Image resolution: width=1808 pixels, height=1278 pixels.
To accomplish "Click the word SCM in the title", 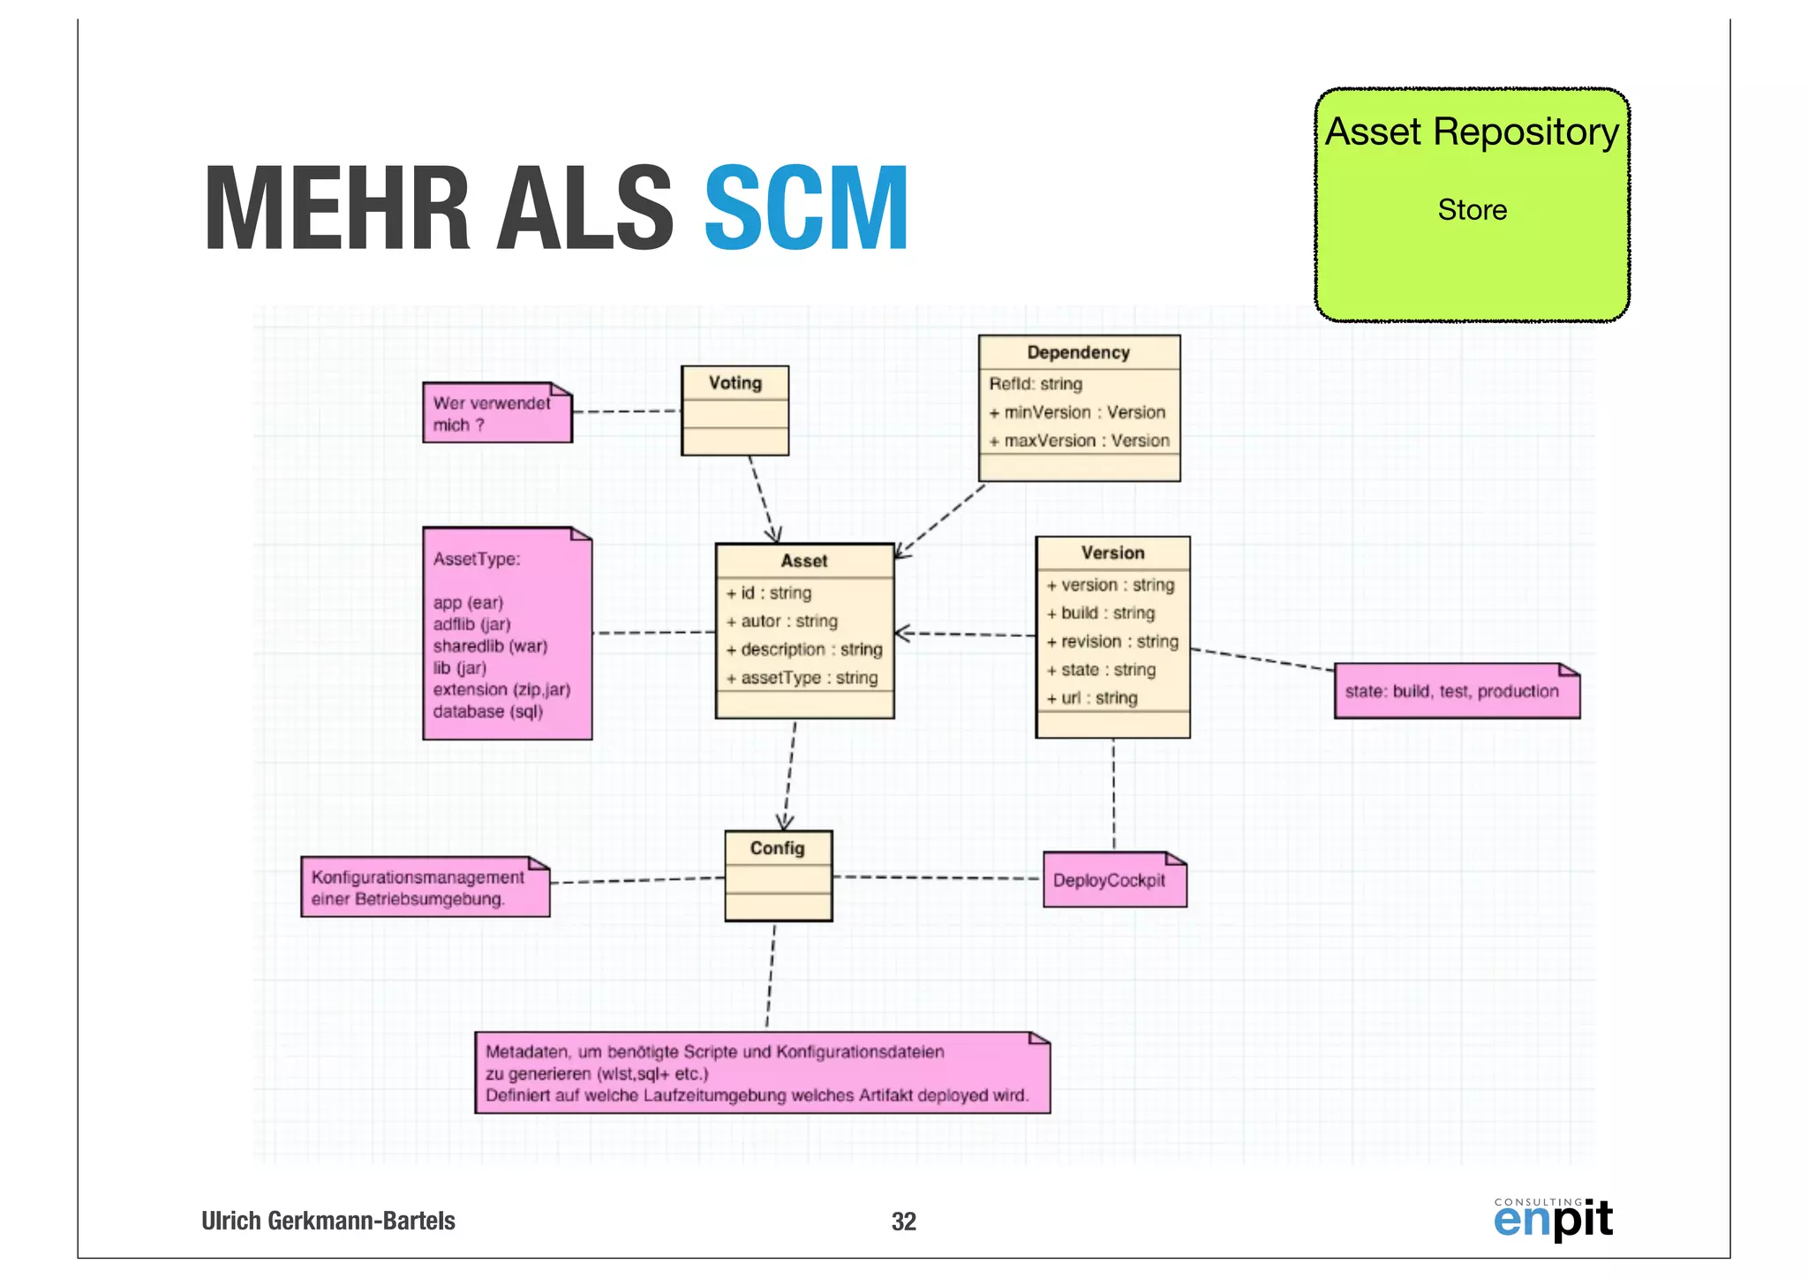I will pyautogui.click(x=806, y=209).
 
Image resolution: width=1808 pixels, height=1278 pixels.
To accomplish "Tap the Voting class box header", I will pyautogui.click(x=734, y=383).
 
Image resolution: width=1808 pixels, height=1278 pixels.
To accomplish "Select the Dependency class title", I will pyautogui.click(x=1078, y=352).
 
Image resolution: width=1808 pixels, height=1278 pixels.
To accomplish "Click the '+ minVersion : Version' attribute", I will pyautogui.click(x=1078, y=412).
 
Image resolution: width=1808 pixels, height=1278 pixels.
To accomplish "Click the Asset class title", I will pyautogui.click(x=803, y=560).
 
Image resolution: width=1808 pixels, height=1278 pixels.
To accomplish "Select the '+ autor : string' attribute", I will pyautogui.click(x=781, y=621).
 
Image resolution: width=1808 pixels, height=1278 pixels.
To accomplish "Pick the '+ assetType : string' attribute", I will pyautogui.click(x=802, y=678).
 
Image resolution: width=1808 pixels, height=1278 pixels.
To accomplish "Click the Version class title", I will pyautogui.click(x=1112, y=553).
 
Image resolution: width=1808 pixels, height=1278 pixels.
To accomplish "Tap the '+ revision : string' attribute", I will pyautogui.click(x=1112, y=642).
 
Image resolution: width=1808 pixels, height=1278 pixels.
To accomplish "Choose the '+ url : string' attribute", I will pyautogui.click(x=1092, y=698).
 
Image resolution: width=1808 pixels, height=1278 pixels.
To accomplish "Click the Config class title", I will pyautogui.click(x=777, y=848).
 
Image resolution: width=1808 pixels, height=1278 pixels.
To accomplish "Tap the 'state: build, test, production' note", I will pyautogui.click(x=1451, y=691).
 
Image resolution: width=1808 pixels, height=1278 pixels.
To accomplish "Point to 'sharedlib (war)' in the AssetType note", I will pyautogui.click(x=490, y=646).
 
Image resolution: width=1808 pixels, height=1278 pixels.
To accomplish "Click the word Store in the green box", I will pyautogui.click(x=1472, y=210).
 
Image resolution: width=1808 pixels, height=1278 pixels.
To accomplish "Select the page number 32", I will pyautogui.click(x=903, y=1222).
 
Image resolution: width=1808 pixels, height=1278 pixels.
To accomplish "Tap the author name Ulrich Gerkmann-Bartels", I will pyautogui.click(x=328, y=1221).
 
